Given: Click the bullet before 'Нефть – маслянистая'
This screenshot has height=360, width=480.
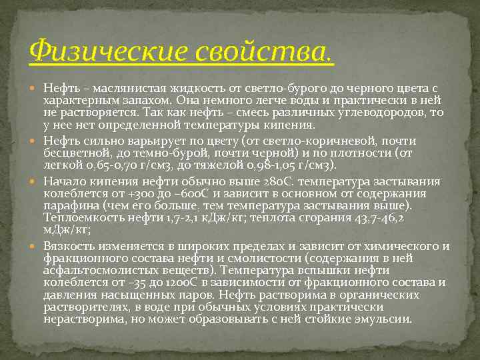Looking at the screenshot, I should tap(35, 88).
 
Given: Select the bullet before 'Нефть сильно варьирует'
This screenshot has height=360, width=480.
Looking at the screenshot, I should tap(35, 141).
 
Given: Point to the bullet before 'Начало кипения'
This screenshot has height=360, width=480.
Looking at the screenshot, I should tap(35, 182).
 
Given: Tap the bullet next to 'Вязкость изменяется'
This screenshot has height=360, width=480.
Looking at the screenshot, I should tap(35, 246).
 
